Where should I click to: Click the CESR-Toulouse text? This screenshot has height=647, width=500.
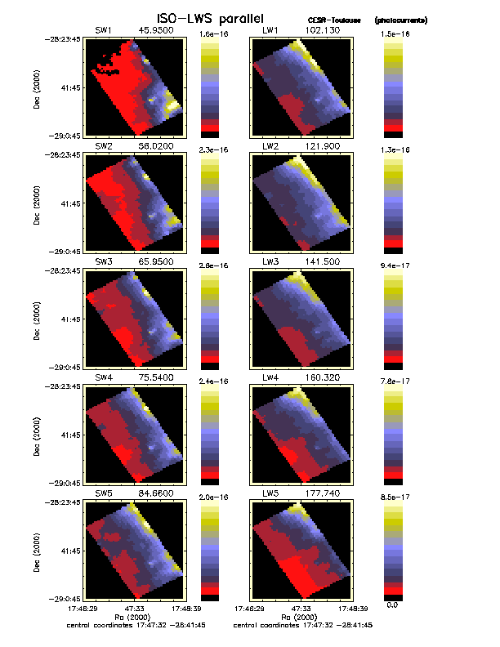(329, 19)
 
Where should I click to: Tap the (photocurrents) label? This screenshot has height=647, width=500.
(400, 19)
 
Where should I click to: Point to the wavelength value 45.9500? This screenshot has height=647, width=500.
(154, 30)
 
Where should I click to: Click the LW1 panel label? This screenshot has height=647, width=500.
(270, 30)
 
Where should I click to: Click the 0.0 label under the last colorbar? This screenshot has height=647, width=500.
(392, 605)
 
